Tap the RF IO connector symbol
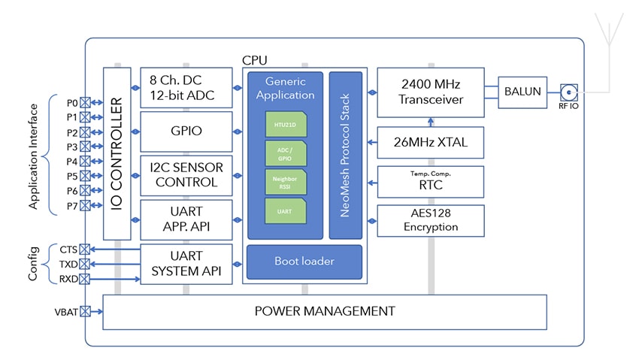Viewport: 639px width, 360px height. pyautogui.click(x=568, y=92)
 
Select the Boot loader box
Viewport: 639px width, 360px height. pyautogui.click(x=304, y=262)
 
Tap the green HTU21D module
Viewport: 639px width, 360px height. pyautogui.click(x=286, y=123)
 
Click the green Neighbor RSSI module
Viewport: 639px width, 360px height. pyautogui.click(x=286, y=181)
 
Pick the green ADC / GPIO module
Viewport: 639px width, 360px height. pyautogui.click(x=286, y=153)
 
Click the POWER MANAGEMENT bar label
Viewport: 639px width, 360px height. pyautogui.click(x=324, y=311)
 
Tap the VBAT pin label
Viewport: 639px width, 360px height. pyautogui.click(x=65, y=311)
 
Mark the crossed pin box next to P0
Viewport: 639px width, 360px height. pyautogui.click(x=85, y=102)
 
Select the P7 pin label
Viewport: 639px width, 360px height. pyautogui.click(x=72, y=205)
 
